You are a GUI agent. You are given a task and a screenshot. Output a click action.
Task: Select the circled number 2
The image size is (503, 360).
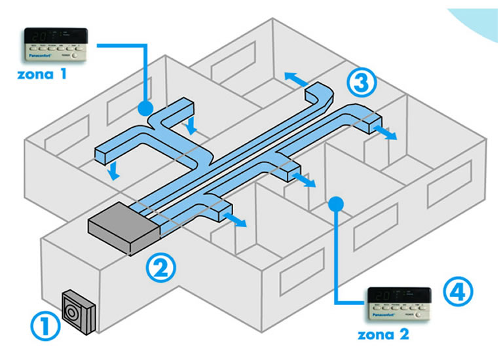click(160, 267)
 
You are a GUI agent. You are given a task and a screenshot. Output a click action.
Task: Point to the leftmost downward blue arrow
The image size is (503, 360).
click(114, 172)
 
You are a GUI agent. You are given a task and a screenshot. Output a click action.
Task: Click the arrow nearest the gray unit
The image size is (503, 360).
click(236, 219)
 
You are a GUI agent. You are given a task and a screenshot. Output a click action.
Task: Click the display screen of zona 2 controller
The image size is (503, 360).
click(400, 294)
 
